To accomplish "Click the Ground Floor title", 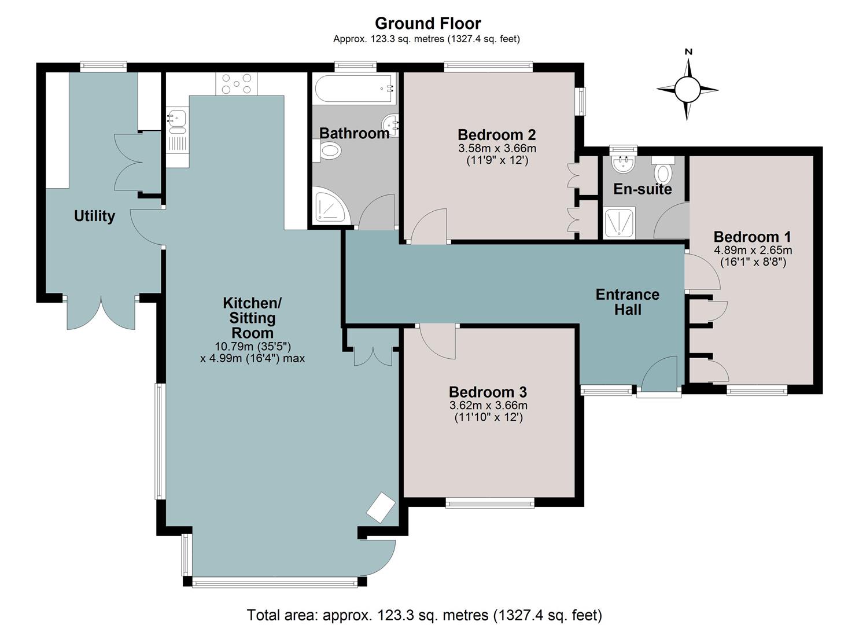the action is (427, 23).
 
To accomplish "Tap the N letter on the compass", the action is (689, 52).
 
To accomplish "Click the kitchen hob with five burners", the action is (237, 84).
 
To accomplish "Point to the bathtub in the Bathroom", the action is (355, 88).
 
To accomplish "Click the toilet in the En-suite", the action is (663, 170).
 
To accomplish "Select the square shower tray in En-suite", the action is (620, 223).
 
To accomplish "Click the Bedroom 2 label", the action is (497, 135).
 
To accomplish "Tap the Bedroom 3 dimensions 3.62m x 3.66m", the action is (488, 405).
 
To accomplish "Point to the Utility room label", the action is (94, 216).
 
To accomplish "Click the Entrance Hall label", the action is (628, 302).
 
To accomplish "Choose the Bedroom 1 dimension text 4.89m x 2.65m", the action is (753, 251).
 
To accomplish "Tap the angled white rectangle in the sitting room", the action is (381, 507).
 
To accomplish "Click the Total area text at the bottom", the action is (424, 615).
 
